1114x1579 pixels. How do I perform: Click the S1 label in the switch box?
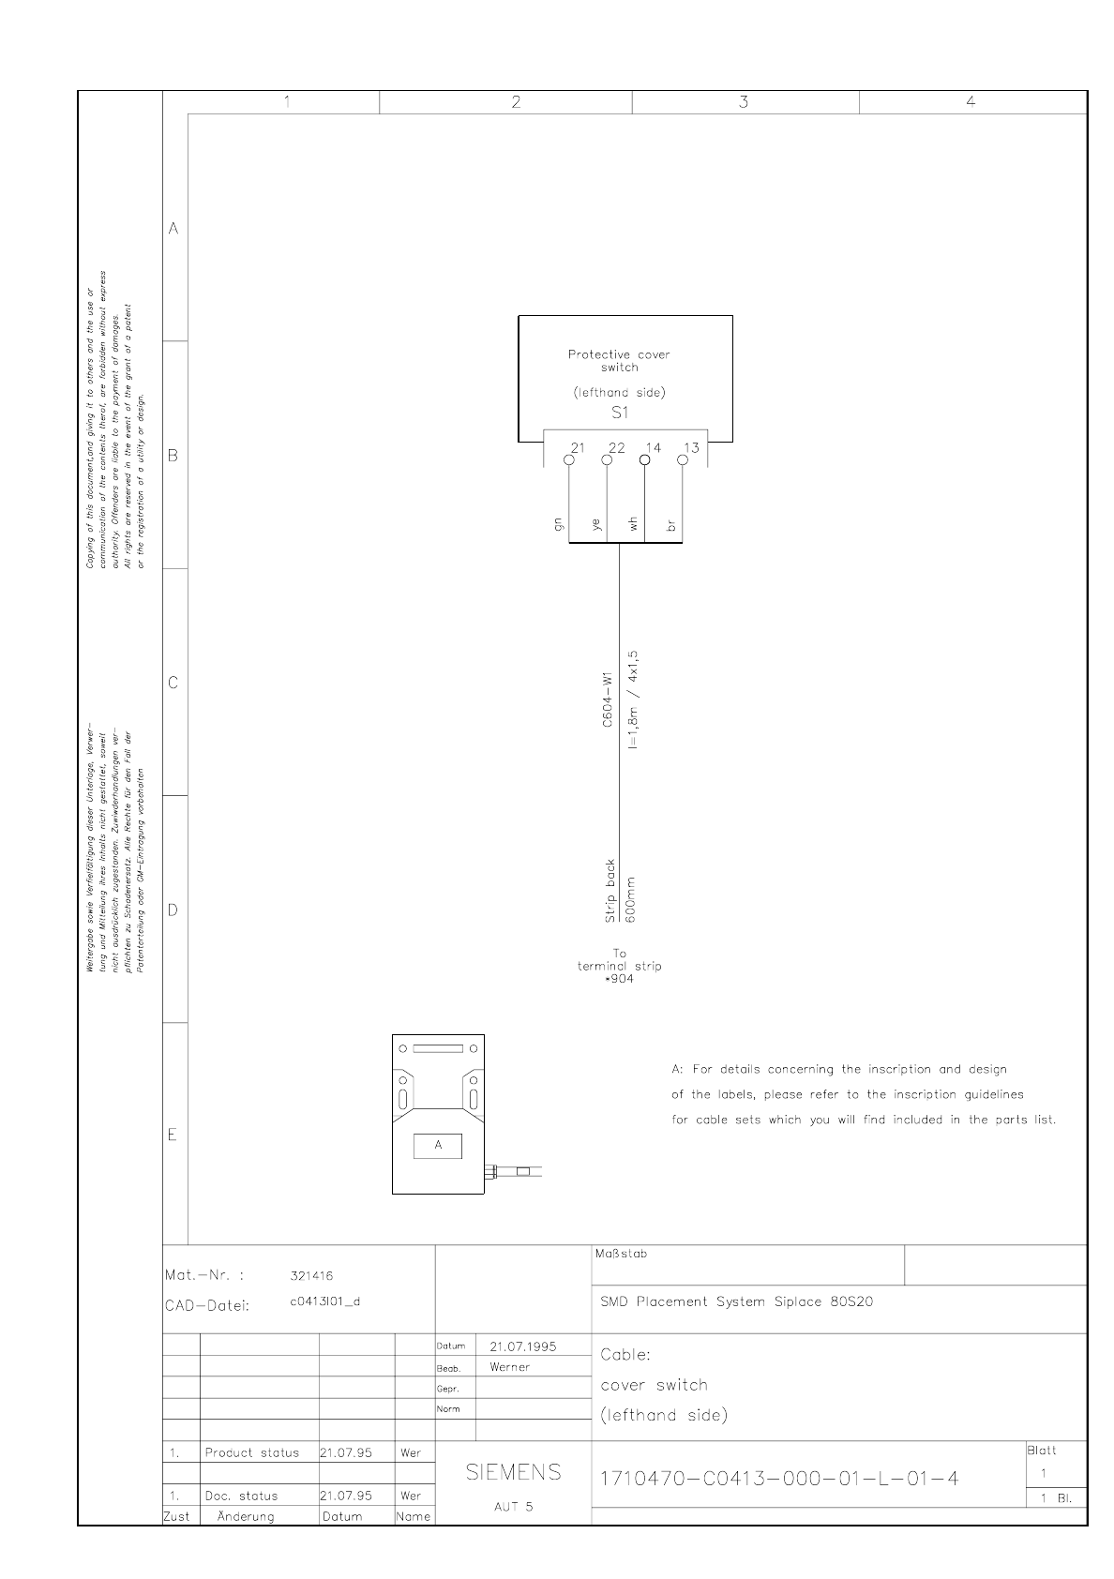tap(620, 413)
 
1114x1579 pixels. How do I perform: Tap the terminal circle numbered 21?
tap(569, 460)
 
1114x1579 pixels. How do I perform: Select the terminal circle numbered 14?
tap(644, 459)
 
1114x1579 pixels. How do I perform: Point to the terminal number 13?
tap(691, 448)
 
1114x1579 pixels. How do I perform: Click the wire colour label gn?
tap(560, 526)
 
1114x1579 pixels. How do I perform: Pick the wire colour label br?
tap(670, 526)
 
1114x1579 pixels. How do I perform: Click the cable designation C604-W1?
tap(608, 700)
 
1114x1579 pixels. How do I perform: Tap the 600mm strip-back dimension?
tap(630, 900)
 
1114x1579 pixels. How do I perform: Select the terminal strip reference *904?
tap(620, 979)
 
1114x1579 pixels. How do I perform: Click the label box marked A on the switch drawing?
tap(438, 1145)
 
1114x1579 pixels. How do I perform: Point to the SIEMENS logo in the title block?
tap(514, 1472)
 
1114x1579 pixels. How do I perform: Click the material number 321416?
tap(312, 1275)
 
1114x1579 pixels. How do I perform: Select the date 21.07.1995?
tap(523, 1346)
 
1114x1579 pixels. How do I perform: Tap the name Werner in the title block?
tap(510, 1367)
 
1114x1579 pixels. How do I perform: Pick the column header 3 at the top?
tap(744, 102)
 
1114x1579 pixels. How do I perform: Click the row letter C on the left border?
tap(173, 683)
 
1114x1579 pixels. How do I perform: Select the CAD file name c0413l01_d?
tap(324, 1301)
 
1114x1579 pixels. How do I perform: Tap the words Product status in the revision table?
tap(252, 1452)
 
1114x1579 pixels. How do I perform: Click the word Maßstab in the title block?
tap(621, 1254)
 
